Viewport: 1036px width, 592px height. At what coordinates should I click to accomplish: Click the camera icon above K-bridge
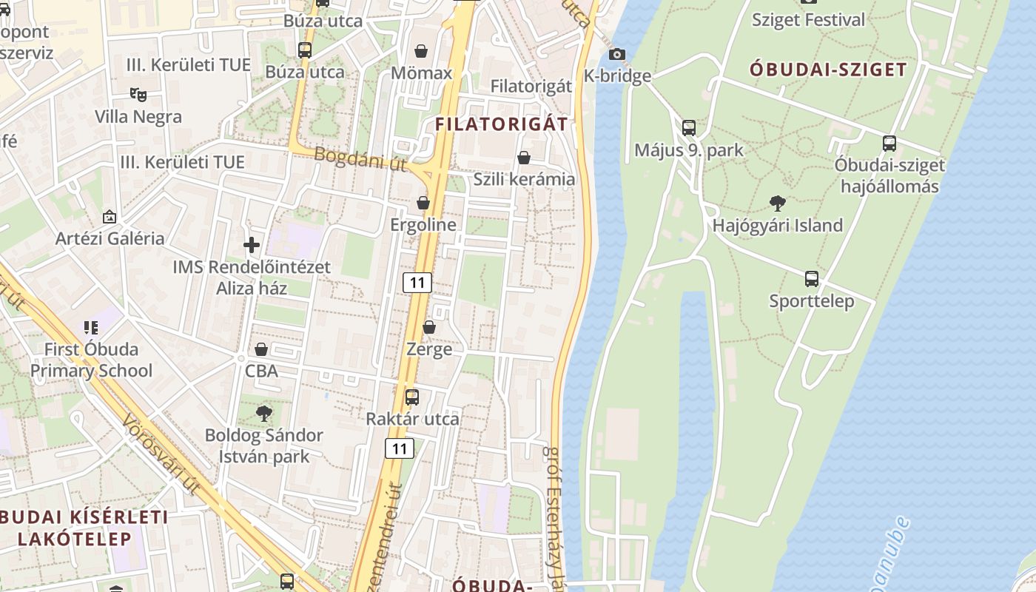(x=616, y=54)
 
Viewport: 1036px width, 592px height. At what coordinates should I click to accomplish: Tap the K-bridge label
(x=617, y=75)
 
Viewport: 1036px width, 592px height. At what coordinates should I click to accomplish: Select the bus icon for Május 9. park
(x=689, y=128)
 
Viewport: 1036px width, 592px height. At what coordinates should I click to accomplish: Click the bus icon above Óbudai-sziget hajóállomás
(x=889, y=144)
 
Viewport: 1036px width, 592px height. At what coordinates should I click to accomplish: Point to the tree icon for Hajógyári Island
(x=777, y=203)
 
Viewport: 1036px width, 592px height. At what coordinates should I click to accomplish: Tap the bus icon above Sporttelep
(x=812, y=279)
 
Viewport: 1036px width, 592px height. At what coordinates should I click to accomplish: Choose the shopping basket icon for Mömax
(x=421, y=51)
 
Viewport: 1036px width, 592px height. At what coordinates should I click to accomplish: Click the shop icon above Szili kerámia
(x=524, y=158)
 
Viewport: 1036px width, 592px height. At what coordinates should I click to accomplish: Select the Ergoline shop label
(x=423, y=224)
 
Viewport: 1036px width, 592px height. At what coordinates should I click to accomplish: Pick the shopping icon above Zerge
(x=429, y=327)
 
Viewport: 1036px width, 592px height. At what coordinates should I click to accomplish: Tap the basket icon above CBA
(x=261, y=349)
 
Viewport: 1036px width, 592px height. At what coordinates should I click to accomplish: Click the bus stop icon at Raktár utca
(x=412, y=397)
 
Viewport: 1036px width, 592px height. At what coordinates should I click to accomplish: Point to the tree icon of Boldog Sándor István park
(x=264, y=413)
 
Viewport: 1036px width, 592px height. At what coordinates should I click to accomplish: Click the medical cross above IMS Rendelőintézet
(x=252, y=245)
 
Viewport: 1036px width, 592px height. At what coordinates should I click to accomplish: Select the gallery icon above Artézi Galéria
(x=110, y=217)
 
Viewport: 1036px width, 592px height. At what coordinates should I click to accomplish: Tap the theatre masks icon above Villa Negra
(x=138, y=94)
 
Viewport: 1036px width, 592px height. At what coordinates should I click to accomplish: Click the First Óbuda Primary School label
(x=91, y=360)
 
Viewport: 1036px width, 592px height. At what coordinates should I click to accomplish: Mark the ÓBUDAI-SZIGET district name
(x=828, y=70)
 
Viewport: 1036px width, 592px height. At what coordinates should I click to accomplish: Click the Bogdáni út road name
(x=360, y=159)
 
